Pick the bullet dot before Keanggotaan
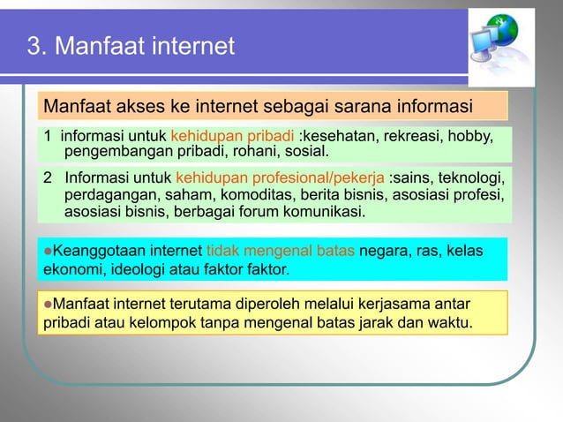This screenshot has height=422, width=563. tap(49, 252)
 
